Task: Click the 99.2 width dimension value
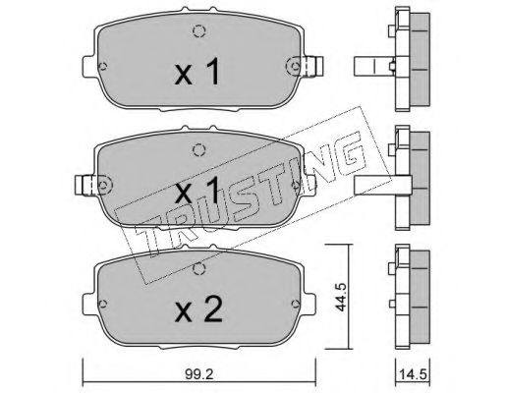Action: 198,374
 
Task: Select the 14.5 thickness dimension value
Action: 413,374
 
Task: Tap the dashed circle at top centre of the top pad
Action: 198,31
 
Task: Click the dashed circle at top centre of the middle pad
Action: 198,150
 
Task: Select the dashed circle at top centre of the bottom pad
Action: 198,269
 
